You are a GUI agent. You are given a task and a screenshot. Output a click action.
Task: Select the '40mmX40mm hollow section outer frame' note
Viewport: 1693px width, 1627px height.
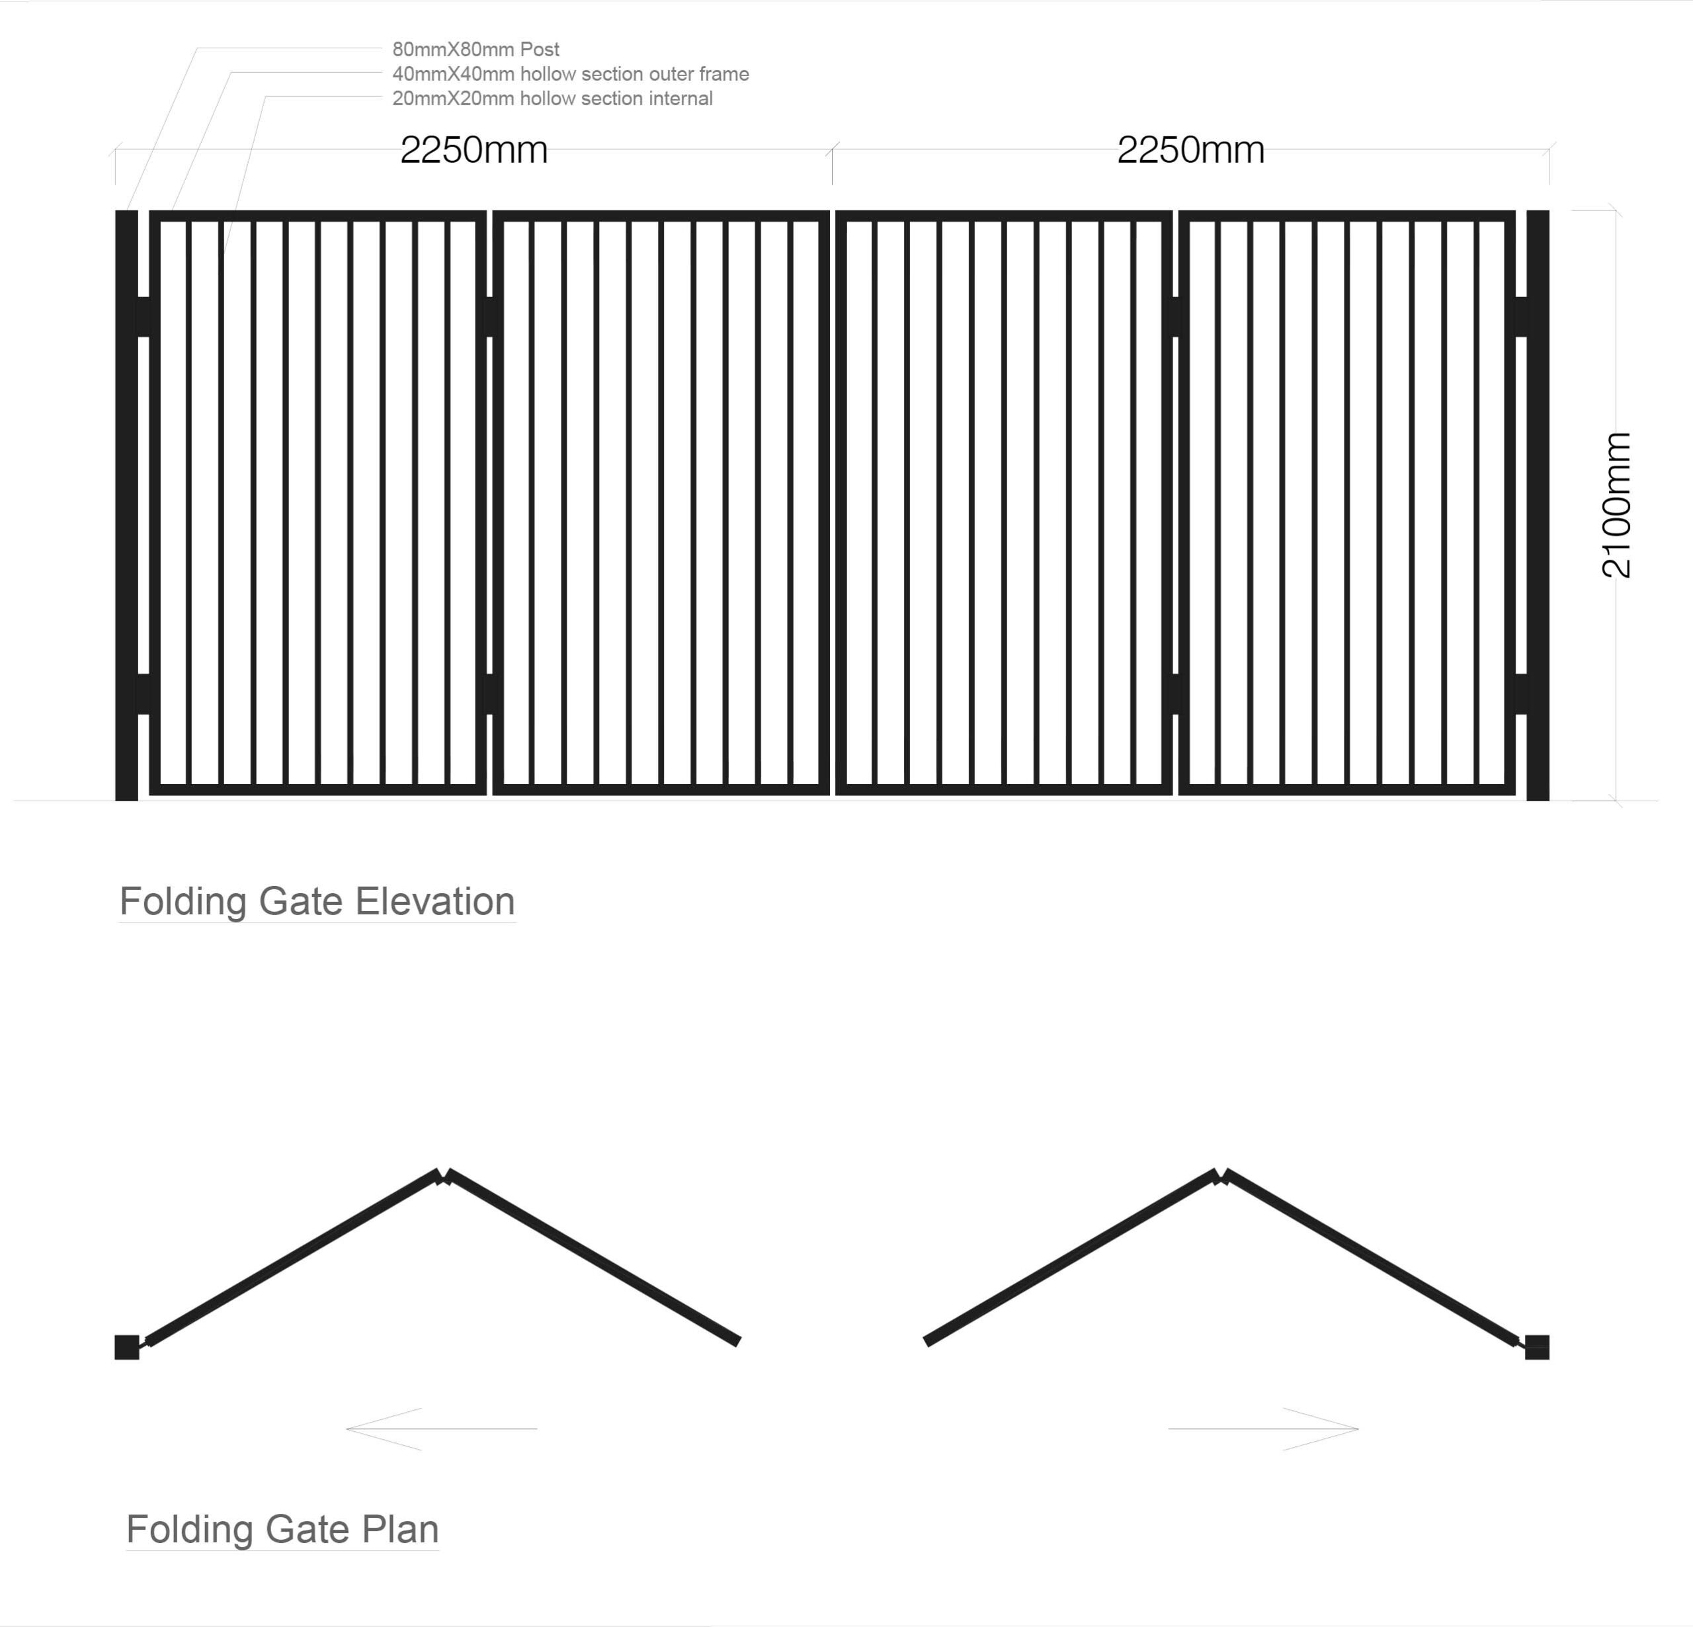pyautogui.click(x=570, y=74)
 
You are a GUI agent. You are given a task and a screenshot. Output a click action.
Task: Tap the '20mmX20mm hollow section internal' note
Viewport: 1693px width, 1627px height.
pyautogui.click(x=552, y=99)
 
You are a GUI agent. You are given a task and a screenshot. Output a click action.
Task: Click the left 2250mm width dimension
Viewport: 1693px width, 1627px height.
pyautogui.click(x=474, y=150)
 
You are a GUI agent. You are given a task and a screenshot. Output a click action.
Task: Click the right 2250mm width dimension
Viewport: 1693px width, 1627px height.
pyautogui.click(x=1190, y=150)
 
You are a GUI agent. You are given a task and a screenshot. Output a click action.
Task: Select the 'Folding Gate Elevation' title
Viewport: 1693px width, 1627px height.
pyautogui.click(x=317, y=901)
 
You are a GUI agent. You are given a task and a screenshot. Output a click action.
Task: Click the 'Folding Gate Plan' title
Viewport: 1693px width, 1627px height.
pyautogui.click(x=282, y=1528)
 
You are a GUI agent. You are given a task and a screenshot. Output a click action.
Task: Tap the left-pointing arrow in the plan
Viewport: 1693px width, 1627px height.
pyautogui.click(x=440, y=1429)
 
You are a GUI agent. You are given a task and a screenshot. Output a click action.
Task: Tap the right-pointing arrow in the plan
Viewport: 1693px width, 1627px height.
pyautogui.click(x=1264, y=1429)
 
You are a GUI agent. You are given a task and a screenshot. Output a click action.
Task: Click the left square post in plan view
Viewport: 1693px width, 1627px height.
pyautogui.click(x=127, y=1347)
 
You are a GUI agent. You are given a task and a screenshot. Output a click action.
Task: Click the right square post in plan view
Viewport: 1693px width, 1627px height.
pyautogui.click(x=1537, y=1347)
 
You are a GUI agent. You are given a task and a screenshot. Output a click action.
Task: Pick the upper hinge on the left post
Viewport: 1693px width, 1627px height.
pyautogui.click(x=144, y=317)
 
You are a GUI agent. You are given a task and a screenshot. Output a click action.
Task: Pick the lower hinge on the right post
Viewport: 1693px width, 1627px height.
pyautogui.click(x=1521, y=694)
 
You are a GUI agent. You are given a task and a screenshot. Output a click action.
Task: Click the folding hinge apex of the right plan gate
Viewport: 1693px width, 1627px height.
pyautogui.click(x=1221, y=1177)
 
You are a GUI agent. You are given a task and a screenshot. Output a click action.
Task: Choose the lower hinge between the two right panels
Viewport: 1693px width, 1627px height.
pyautogui.click(x=1176, y=694)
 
